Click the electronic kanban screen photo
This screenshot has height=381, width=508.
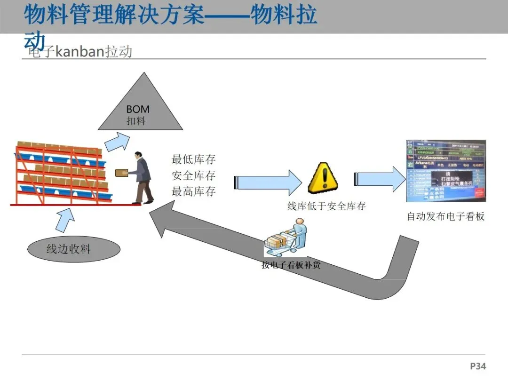445,171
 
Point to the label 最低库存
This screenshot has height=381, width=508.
193,159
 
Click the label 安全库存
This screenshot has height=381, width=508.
193,175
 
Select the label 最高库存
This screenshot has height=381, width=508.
193,191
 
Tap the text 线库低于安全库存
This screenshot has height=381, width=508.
326,206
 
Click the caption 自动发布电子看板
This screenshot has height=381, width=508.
445,217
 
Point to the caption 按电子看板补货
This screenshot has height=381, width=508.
291,265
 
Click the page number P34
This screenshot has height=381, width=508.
478,366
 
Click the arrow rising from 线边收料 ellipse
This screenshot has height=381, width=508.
65,220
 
